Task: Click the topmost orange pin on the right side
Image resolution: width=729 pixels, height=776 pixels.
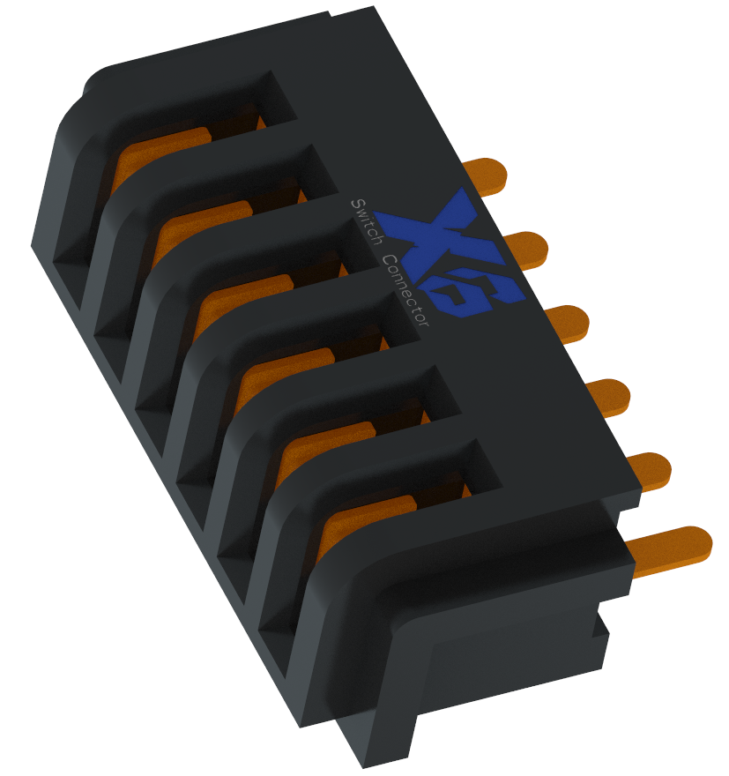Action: click(x=487, y=175)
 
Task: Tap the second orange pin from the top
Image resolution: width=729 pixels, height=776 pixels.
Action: click(x=526, y=250)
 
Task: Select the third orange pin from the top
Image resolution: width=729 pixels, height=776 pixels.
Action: click(x=568, y=323)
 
